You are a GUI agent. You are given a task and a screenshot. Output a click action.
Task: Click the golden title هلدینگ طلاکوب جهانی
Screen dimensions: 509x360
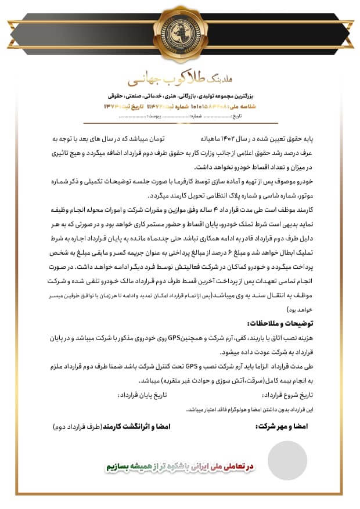pyautogui.click(x=179, y=78)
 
